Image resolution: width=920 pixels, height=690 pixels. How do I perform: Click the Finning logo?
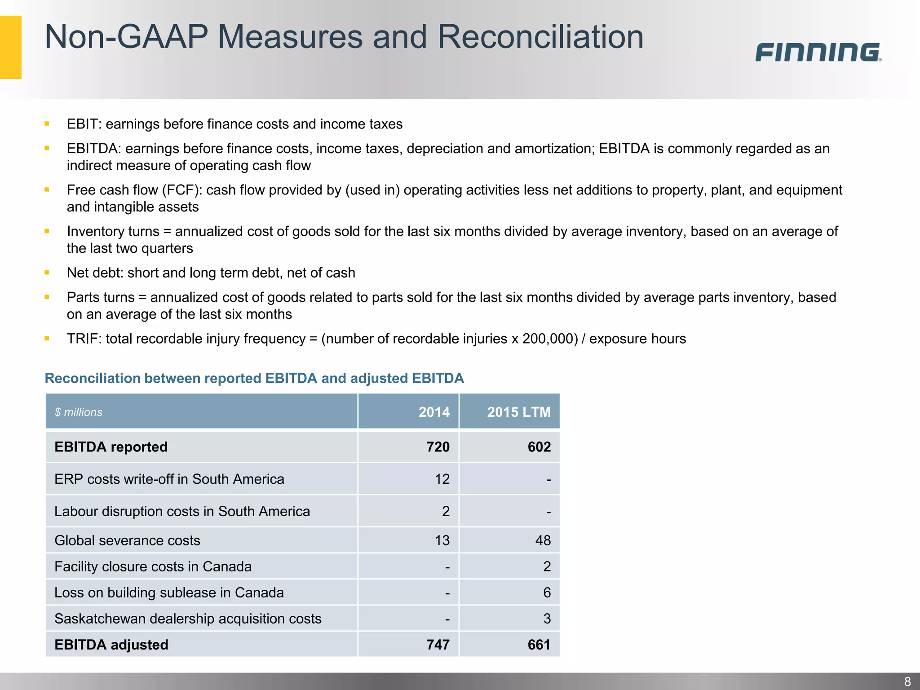click(818, 52)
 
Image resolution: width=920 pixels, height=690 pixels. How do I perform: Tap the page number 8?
click(907, 681)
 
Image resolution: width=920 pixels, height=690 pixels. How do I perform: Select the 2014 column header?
click(434, 412)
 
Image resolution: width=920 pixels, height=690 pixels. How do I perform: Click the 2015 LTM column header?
click(518, 412)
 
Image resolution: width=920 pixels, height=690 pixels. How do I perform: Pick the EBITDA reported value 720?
click(438, 447)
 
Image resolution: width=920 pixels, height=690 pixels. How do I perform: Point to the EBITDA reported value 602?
click(539, 447)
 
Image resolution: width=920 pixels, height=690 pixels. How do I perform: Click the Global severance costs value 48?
click(543, 540)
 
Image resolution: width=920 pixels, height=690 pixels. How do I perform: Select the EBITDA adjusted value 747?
click(438, 645)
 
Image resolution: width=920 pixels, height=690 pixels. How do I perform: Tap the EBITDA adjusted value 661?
click(539, 645)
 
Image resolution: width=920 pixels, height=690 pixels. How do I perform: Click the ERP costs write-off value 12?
click(442, 479)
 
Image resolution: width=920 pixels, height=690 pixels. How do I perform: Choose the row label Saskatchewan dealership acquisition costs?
click(188, 619)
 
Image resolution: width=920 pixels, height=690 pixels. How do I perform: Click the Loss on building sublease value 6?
click(547, 593)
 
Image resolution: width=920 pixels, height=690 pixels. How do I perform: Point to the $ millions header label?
click(79, 412)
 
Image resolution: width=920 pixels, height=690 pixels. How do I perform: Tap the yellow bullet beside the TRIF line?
click(47, 338)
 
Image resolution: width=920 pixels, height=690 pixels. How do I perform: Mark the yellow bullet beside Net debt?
click(47, 272)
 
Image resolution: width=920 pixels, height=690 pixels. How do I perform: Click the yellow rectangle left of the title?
click(11, 47)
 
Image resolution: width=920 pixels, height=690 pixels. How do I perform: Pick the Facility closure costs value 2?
click(547, 566)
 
